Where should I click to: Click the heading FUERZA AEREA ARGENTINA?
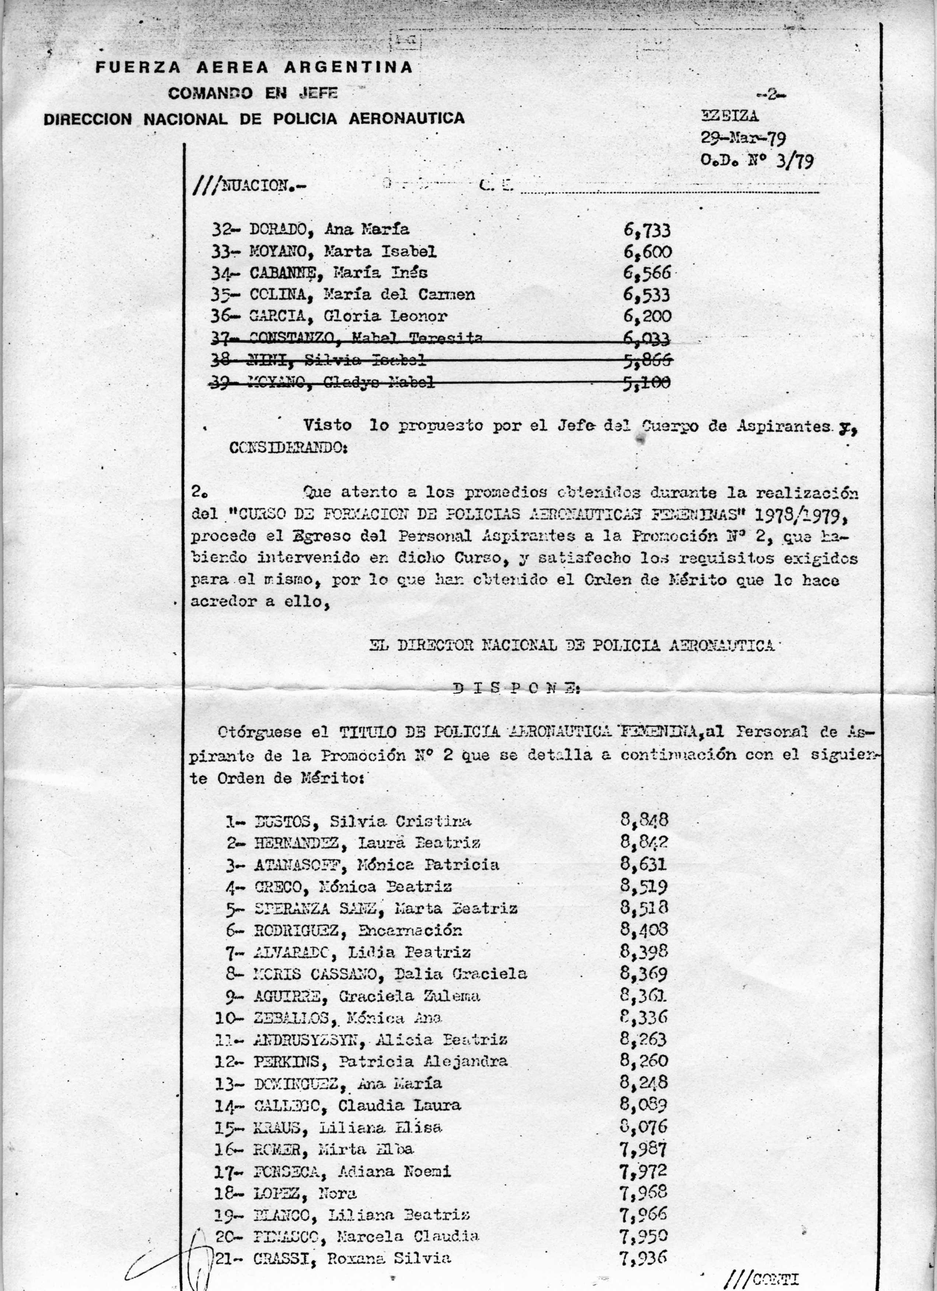coord(254,67)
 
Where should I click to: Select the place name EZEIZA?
coord(730,116)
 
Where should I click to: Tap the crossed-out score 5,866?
coord(647,360)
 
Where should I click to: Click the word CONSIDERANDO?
coord(289,448)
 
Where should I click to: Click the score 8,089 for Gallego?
coord(644,1105)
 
